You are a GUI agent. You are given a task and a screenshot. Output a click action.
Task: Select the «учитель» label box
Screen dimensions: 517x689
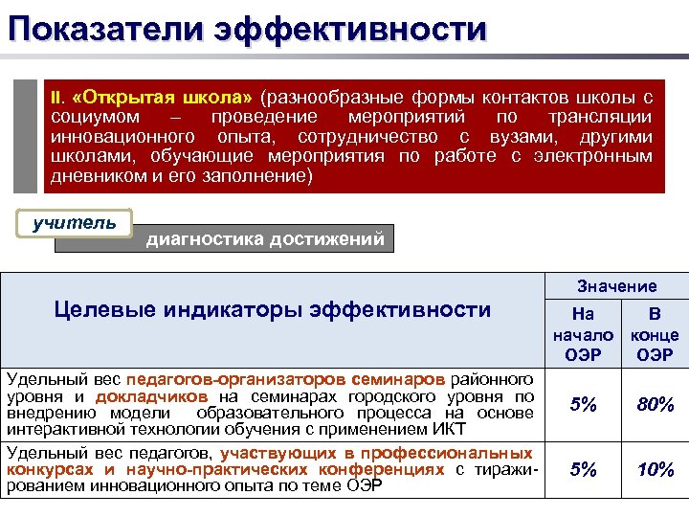[x=75, y=223]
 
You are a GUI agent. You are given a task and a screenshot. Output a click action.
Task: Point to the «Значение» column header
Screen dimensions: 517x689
[x=616, y=285]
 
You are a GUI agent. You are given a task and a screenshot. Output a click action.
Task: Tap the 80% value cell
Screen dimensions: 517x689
[x=655, y=405]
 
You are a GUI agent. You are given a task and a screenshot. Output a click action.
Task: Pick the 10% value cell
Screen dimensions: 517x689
[x=655, y=470]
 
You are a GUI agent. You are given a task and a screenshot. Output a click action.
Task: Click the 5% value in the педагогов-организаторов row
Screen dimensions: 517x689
[x=584, y=405]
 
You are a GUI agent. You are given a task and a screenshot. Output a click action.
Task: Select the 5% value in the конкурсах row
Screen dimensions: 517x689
[x=584, y=470]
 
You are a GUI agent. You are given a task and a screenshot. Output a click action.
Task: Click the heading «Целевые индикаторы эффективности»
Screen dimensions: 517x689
[x=273, y=309]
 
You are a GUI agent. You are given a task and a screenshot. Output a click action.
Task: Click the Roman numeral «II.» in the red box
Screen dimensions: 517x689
[x=57, y=98]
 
